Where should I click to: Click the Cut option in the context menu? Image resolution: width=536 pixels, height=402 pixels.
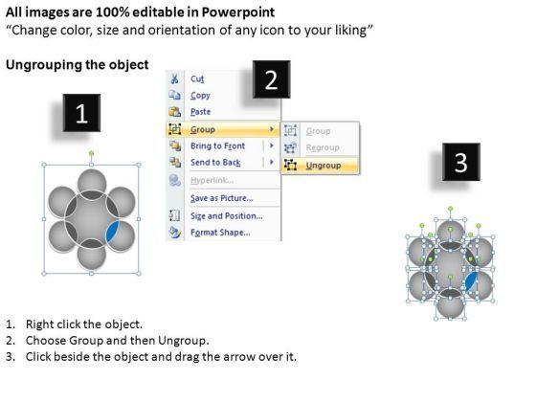point(197,78)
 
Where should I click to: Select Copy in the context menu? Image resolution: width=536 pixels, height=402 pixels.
point(200,96)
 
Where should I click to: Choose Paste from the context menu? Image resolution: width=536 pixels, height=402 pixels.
point(201,112)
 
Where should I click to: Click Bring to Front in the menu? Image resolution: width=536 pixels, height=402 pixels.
point(218,145)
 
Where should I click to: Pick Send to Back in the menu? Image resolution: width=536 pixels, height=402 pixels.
point(215,163)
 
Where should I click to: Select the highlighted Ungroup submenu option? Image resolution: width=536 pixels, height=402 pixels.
point(324,166)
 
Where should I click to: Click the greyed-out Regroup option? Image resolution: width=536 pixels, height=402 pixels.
point(323,147)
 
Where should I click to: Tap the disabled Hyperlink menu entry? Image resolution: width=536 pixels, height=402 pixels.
point(212,181)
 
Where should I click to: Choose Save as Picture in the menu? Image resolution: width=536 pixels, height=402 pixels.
point(222,198)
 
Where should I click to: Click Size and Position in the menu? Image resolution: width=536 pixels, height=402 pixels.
point(227,216)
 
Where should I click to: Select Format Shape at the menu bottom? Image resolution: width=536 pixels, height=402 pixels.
point(220,233)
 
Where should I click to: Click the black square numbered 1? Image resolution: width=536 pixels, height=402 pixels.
point(81,113)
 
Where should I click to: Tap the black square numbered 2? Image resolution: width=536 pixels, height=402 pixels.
point(272,79)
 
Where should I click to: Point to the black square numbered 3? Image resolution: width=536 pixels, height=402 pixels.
point(461,162)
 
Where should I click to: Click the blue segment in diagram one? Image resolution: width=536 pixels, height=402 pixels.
point(113,232)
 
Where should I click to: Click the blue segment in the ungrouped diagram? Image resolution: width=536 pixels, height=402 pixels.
point(471,281)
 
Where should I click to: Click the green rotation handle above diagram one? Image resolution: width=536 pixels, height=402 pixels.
point(91,153)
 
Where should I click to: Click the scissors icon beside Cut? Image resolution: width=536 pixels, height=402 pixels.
point(174,78)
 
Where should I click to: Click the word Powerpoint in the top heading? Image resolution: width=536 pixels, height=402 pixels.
point(238,12)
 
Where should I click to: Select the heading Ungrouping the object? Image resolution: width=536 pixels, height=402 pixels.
point(78,65)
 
